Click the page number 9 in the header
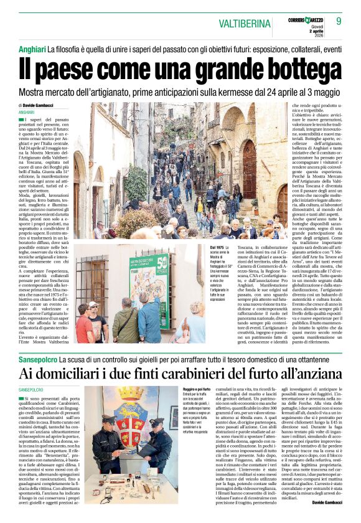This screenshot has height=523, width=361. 348,22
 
